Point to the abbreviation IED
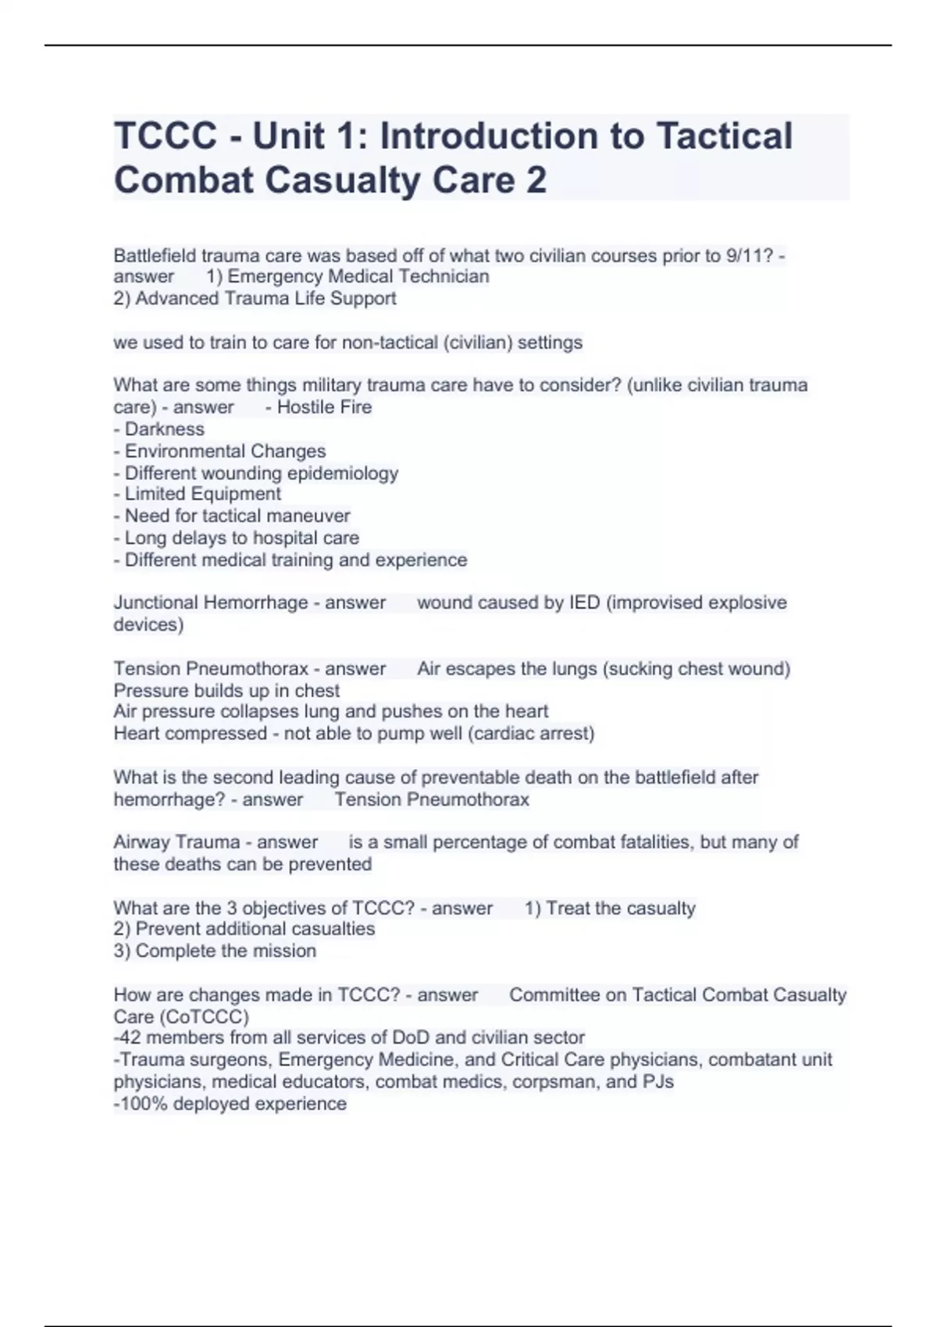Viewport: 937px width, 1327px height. (x=585, y=603)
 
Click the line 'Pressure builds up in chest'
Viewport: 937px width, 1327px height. (x=226, y=691)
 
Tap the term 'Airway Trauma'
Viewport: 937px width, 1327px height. (x=177, y=842)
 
